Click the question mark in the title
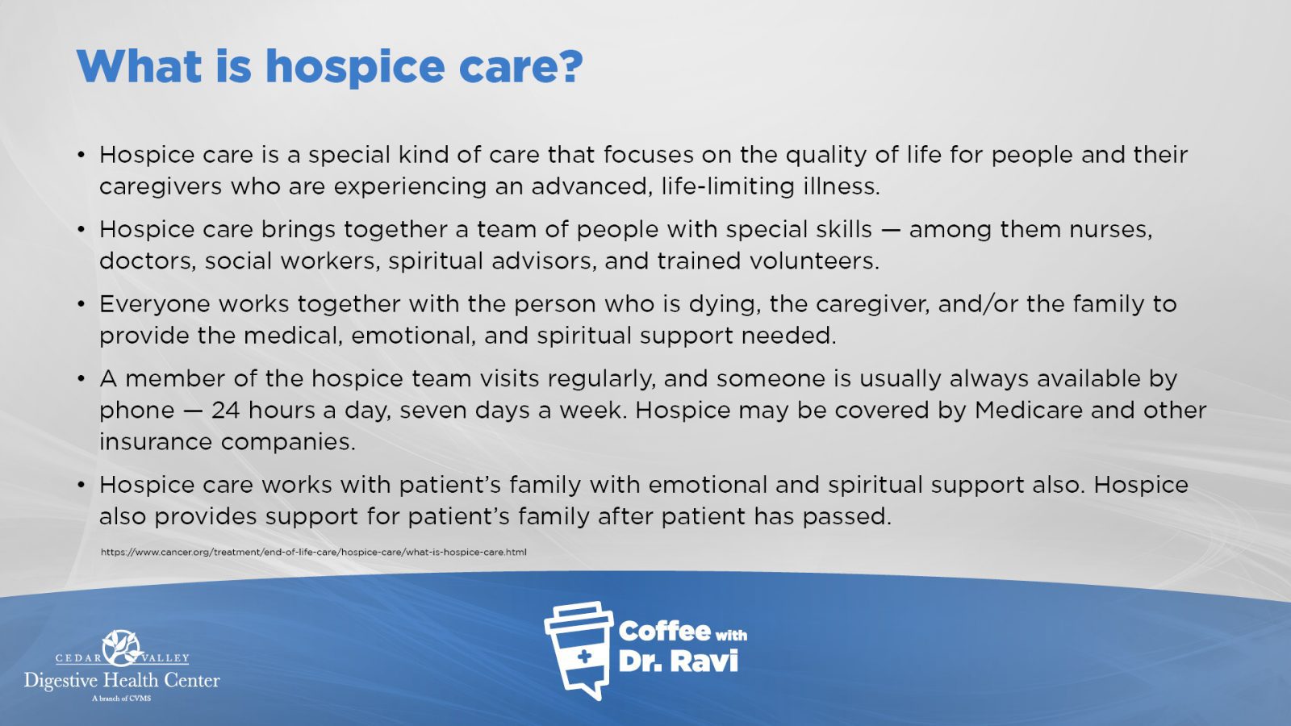pos(569,66)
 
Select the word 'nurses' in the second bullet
pos(1110,230)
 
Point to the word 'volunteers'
pos(814,261)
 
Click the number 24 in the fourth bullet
pos(225,411)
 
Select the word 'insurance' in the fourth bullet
pos(157,442)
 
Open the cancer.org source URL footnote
pos(314,552)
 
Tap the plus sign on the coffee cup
pos(584,657)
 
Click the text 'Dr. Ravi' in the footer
pos(679,661)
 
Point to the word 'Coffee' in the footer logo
pos(664,632)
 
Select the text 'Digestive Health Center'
pos(122,681)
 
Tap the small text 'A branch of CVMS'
pos(122,699)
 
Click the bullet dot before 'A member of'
pos(81,379)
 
